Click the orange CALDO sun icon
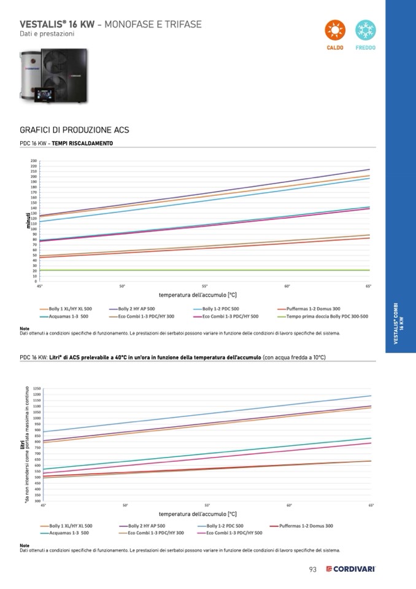(x=335, y=29)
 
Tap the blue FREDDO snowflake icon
(x=366, y=29)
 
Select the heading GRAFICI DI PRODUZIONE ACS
(x=74, y=130)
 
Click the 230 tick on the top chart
(x=34, y=161)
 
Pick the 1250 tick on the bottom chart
(x=37, y=389)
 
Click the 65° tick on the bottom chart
(x=371, y=505)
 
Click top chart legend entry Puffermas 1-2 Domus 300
(x=313, y=308)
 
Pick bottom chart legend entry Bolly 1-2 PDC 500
(x=225, y=526)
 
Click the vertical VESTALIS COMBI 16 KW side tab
(x=399, y=324)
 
